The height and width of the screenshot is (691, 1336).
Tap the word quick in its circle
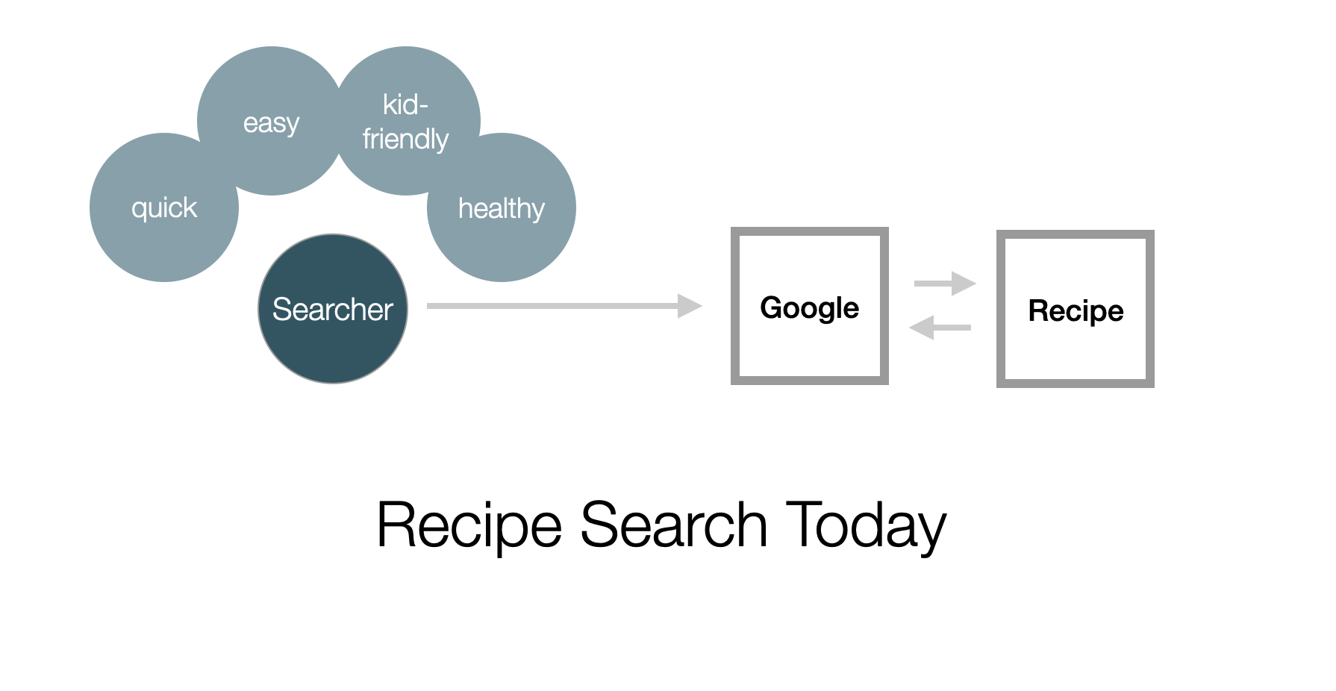point(164,208)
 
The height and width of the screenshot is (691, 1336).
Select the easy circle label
point(271,123)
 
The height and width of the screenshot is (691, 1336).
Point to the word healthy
point(501,209)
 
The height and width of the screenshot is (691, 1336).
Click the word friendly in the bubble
point(405,140)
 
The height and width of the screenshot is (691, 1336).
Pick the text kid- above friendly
point(405,105)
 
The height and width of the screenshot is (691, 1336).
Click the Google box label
point(809,308)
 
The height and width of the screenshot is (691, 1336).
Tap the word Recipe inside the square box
point(1076,311)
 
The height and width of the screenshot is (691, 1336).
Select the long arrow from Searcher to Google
point(552,306)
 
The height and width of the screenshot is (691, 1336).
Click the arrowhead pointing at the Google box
point(689,306)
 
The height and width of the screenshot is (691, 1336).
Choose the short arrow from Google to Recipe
point(945,284)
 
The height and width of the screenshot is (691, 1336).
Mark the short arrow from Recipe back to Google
point(940,328)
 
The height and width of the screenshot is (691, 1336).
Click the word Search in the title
point(673,525)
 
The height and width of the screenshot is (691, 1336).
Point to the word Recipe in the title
point(469,525)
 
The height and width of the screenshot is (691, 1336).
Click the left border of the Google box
point(735,306)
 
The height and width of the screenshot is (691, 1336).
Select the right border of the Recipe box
point(1150,309)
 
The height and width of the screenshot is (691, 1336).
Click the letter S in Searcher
point(281,310)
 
